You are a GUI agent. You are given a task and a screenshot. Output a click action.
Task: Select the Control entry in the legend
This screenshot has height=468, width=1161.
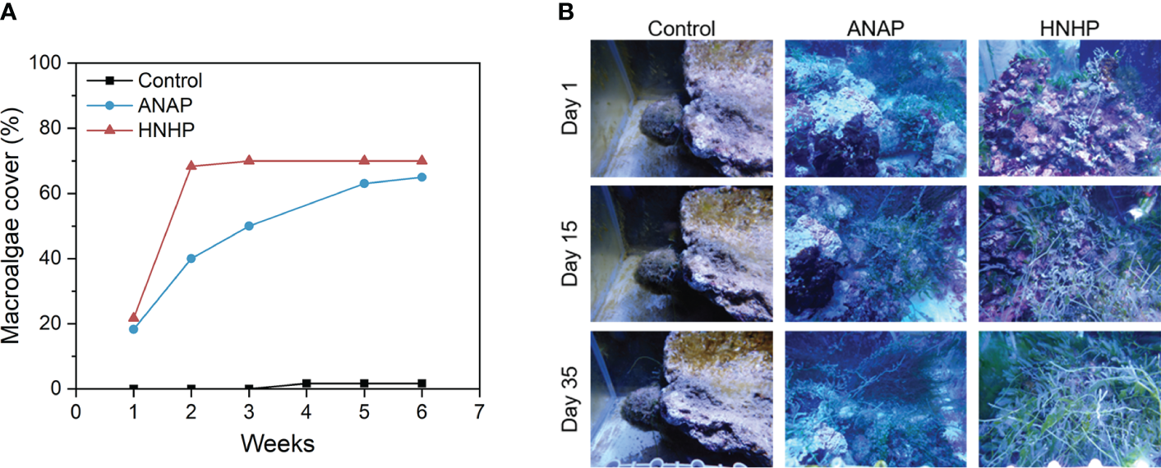pos(169,80)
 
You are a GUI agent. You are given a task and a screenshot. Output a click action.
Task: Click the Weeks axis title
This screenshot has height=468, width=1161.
pos(277,444)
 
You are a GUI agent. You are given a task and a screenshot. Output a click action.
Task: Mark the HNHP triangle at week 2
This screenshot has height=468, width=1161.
pos(191,166)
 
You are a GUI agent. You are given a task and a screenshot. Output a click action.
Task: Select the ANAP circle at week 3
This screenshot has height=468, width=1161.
pos(249,226)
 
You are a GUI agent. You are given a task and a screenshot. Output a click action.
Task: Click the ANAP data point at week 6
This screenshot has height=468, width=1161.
pos(422,177)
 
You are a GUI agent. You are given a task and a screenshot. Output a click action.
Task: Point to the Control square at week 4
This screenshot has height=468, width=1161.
pos(306,383)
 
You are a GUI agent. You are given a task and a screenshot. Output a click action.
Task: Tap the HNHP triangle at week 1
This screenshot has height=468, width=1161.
pos(134,317)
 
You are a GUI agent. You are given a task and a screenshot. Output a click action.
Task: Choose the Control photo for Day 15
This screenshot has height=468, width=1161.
pos(682,254)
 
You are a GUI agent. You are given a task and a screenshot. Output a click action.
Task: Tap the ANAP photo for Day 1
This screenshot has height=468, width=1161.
pos(875,108)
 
